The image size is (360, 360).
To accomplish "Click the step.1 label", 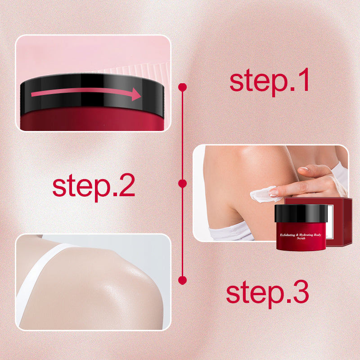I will click(x=269, y=81).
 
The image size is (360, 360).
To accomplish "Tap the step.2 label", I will click(x=94, y=185).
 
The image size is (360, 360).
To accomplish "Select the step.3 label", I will click(x=267, y=292).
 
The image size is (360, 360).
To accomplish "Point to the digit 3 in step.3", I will click(x=299, y=292).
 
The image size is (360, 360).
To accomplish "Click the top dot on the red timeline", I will click(x=182, y=86).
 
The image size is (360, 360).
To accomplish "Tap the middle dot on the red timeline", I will click(x=182, y=183).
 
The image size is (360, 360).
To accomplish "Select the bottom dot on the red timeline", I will click(x=182, y=280).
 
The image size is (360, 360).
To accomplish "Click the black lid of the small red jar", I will click(x=301, y=213).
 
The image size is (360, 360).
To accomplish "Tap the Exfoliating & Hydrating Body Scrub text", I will click(x=301, y=236).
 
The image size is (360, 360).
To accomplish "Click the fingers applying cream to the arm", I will click(x=310, y=178).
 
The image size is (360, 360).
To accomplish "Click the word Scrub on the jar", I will click(x=301, y=240).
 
